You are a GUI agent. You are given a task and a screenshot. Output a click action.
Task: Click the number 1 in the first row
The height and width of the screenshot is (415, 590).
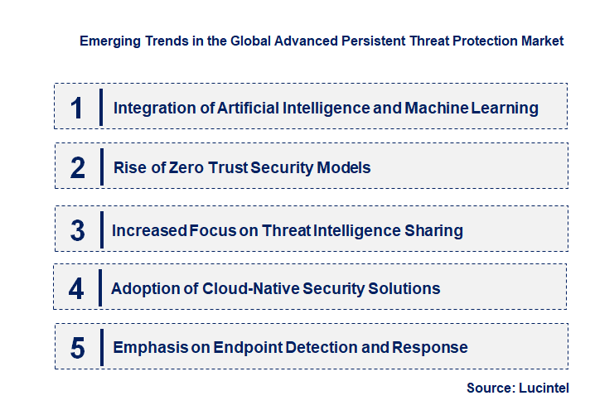[77, 108]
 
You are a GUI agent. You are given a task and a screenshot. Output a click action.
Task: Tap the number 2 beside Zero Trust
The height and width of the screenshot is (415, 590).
[78, 168]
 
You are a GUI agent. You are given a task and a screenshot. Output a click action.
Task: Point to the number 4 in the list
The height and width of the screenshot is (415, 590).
[77, 289]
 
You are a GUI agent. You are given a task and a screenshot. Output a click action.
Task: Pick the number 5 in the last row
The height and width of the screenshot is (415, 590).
[78, 348]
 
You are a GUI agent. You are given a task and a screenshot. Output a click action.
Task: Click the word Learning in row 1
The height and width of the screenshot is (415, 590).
[505, 108]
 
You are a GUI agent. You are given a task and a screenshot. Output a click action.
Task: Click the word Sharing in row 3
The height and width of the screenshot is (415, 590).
[433, 231]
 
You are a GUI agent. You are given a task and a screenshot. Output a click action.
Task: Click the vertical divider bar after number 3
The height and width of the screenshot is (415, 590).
[100, 229]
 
